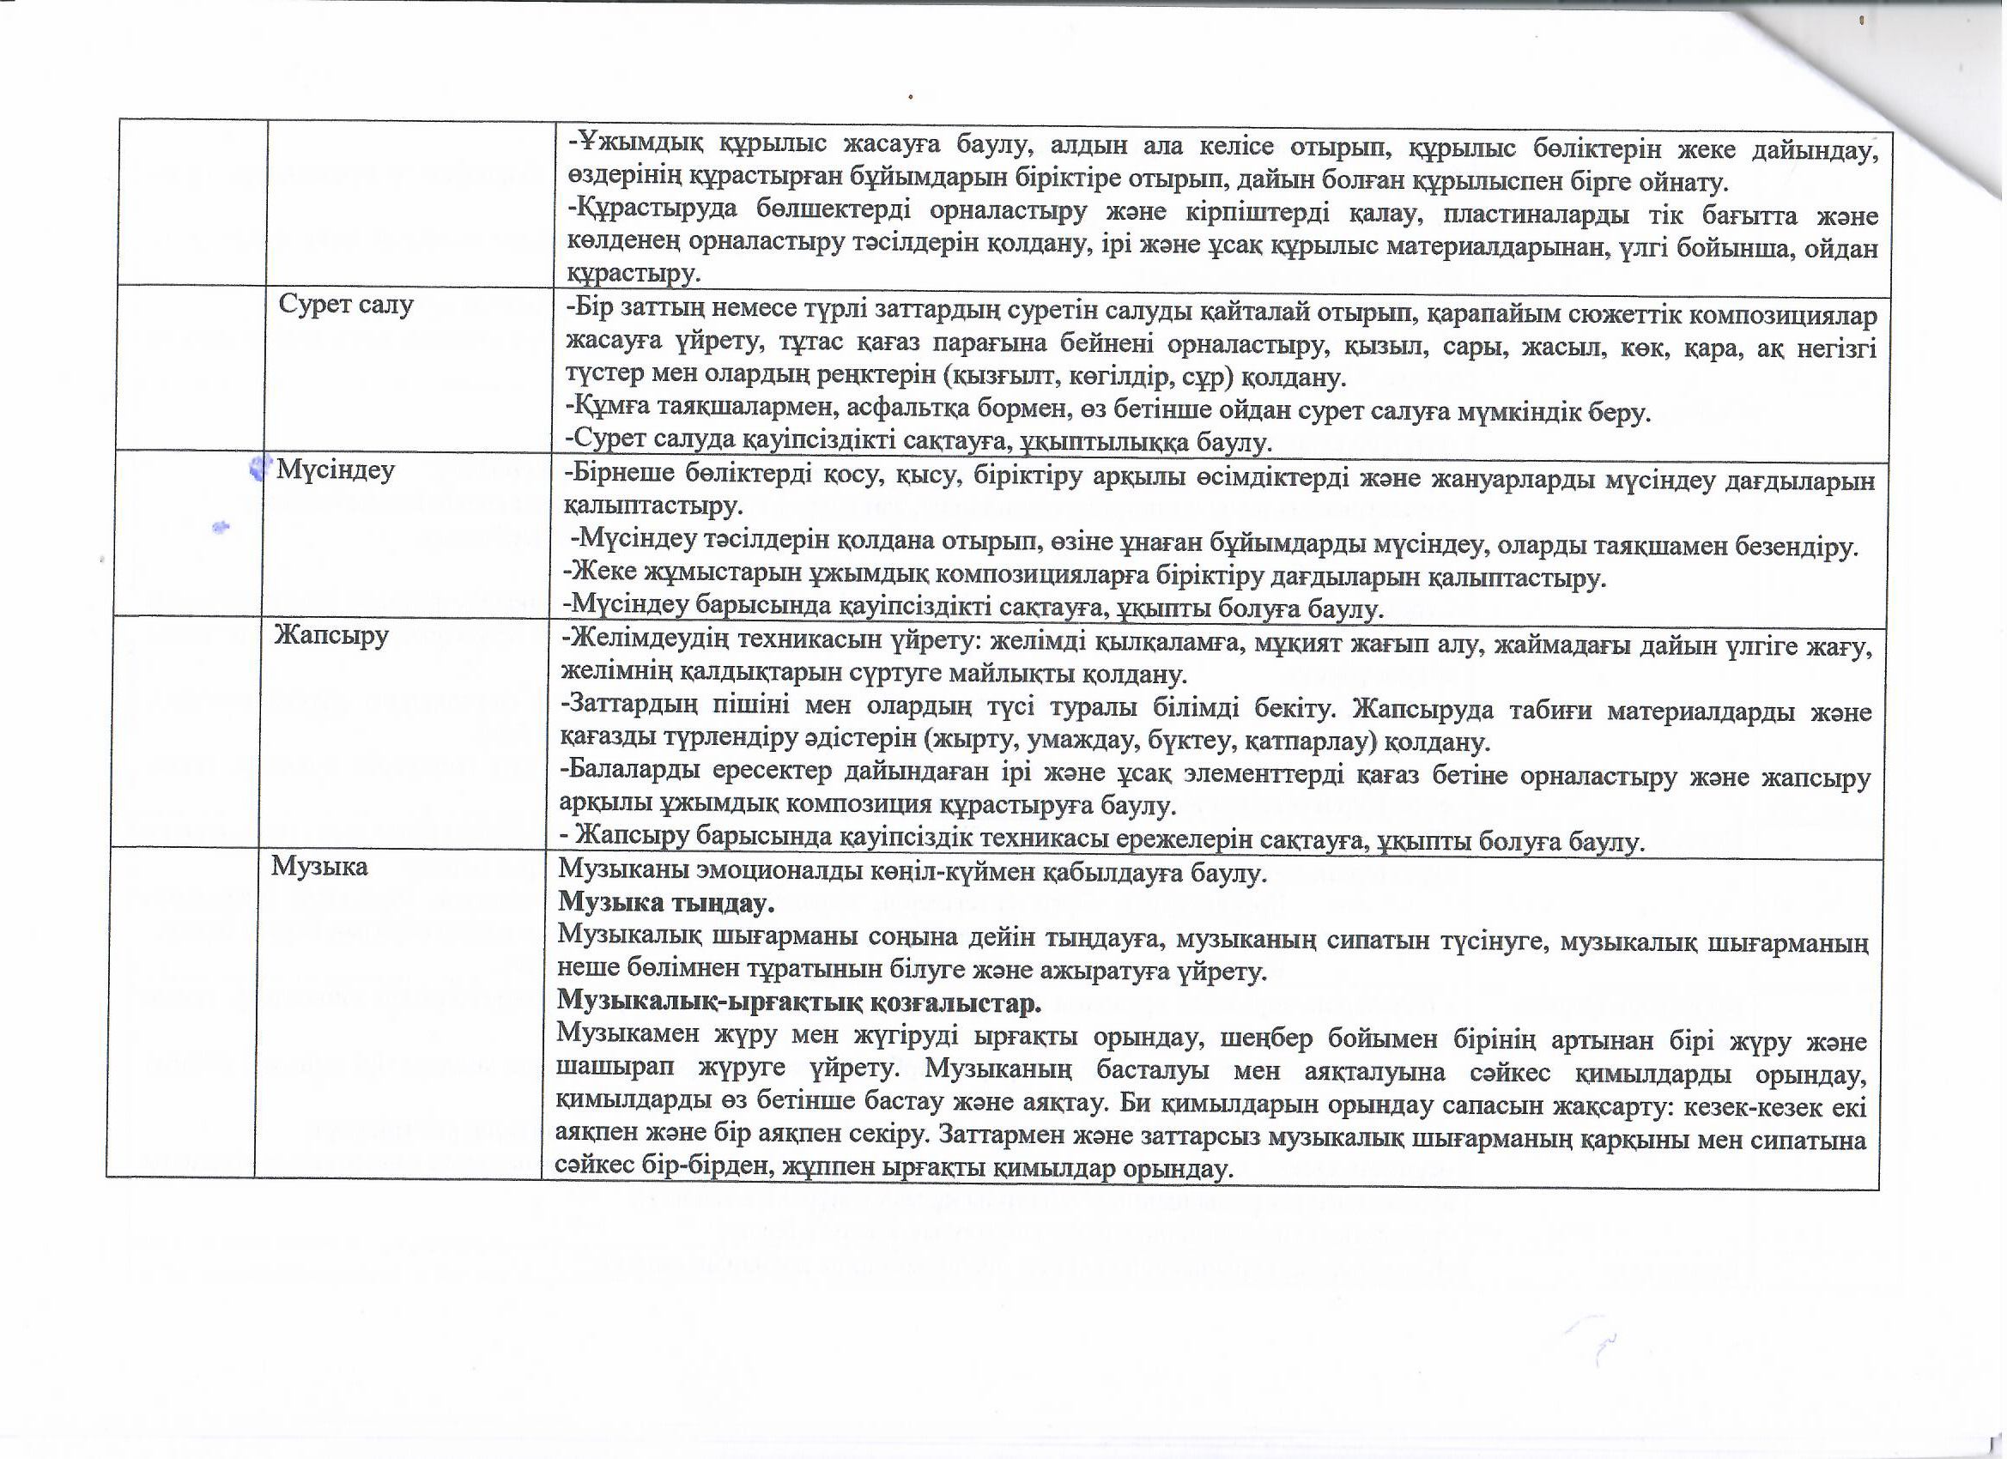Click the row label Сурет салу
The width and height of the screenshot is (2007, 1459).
pos(346,306)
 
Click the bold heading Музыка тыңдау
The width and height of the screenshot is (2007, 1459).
pos(666,904)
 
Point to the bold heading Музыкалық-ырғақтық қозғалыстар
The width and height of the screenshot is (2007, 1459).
pos(797,1003)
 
